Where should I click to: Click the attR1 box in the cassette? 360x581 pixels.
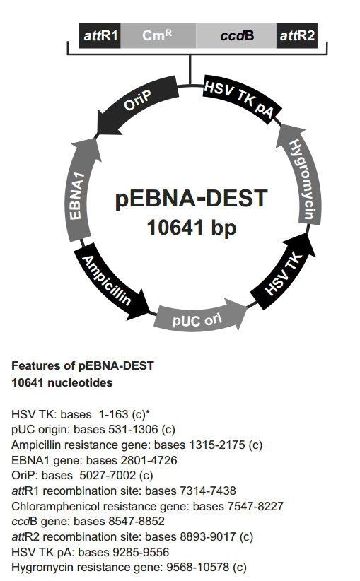[x=100, y=35]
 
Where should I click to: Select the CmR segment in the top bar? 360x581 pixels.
[x=158, y=35]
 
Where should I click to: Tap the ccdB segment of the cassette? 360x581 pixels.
[x=235, y=35]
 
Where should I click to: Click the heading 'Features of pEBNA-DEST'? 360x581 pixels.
[x=82, y=366]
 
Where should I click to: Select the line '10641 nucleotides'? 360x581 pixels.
[x=62, y=382]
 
